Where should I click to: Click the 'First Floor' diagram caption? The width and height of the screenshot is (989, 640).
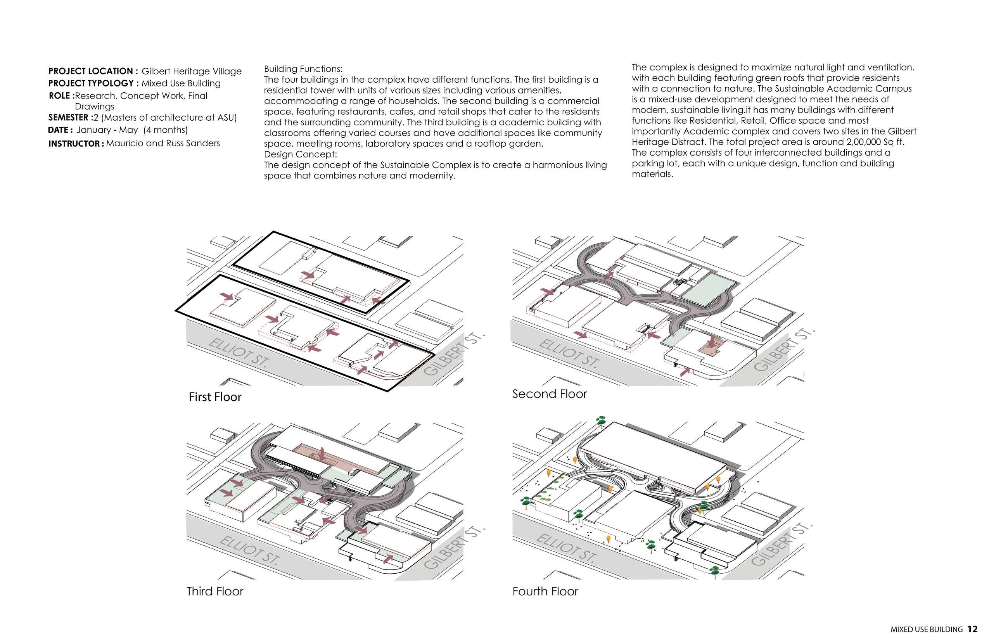click(x=215, y=397)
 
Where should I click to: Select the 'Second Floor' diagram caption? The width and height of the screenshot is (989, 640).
click(x=549, y=394)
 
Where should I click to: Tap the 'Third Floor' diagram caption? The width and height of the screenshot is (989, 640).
click(x=215, y=592)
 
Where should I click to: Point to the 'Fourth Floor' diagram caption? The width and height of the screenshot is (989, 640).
click(x=545, y=592)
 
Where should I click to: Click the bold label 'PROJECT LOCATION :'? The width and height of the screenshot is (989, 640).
click(x=93, y=71)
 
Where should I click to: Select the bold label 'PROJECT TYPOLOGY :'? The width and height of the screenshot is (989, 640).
click(x=93, y=83)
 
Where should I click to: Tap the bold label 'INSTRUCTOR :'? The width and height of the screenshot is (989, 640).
click(x=76, y=144)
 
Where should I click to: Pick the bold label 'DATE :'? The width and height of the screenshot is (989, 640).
click(x=61, y=130)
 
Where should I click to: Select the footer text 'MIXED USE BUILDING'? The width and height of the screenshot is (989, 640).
click(x=927, y=630)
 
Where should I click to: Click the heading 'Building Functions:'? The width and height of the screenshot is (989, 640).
click(x=303, y=69)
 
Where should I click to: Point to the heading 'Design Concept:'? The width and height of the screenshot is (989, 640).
click(x=301, y=154)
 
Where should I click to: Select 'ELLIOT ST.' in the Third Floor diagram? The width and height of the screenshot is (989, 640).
click(x=249, y=550)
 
